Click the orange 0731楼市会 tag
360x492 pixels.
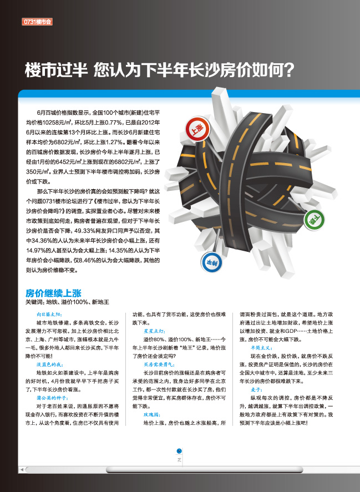pos(37,22)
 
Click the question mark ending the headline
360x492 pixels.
pos(288,70)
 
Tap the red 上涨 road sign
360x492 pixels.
pos(197,129)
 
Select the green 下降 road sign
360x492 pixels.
pos(314,220)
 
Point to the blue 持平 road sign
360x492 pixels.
pos(211,262)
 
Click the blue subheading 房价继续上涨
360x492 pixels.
pos(53,293)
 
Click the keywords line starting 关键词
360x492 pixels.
pos(67,302)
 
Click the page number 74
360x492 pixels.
pos(180,460)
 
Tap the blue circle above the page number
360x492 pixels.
pos(179,451)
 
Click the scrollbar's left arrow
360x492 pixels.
pos(22,470)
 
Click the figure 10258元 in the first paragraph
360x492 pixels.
pos(52,123)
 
